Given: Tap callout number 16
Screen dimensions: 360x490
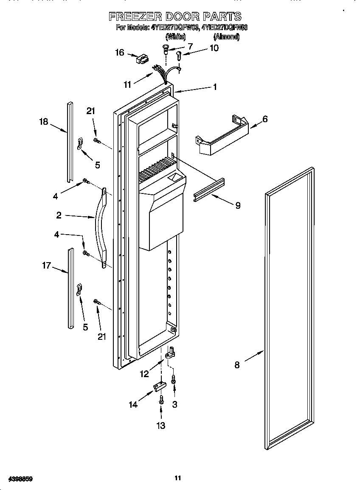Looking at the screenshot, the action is (x=120, y=53).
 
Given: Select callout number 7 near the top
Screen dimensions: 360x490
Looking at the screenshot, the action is (x=189, y=46).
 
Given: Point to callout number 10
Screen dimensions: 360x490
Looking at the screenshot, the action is (x=214, y=48).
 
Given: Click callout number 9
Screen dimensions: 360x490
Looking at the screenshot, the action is (x=238, y=205).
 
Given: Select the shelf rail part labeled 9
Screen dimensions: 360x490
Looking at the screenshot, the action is (x=209, y=190).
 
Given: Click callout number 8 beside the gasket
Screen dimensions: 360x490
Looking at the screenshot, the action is (x=237, y=364).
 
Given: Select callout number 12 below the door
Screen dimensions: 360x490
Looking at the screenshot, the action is (x=144, y=374).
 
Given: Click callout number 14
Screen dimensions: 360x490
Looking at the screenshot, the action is (x=133, y=404).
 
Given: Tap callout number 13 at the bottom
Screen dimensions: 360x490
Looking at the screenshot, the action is (x=161, y=425).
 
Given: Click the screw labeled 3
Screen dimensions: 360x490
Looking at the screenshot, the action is (x=174, y=379).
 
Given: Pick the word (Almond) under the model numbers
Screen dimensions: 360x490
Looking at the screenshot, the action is (x=226, y=37).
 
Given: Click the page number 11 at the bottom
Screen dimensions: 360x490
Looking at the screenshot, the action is (x=178, y=478).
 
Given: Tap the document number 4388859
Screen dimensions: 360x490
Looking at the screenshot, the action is (x=18, y=479).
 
